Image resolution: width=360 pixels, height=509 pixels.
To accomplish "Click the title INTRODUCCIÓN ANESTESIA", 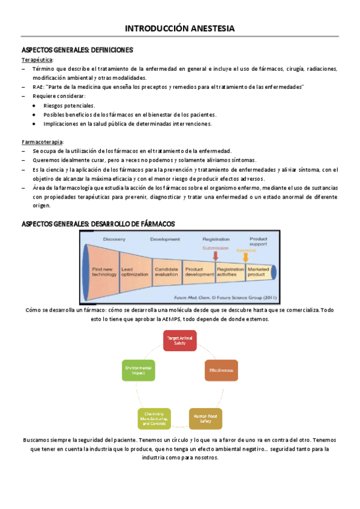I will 179,28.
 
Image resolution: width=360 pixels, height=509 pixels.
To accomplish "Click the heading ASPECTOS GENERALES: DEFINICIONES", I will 77,50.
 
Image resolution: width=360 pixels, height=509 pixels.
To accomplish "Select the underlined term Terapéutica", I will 37,60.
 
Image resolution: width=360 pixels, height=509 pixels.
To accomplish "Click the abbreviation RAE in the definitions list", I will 38,87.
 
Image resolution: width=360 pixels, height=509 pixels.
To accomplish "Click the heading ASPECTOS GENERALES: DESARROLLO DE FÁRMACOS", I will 98,223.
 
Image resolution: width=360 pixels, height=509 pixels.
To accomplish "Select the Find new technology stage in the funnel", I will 104,271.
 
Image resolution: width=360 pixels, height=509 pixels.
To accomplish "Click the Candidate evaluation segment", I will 166,271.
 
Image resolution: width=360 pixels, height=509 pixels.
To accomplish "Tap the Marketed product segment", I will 259,271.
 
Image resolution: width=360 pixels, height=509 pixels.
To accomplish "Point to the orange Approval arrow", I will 245,258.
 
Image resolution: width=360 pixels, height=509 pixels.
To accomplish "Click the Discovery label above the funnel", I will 114,239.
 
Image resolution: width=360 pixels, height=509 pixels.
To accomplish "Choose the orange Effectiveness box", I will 221,370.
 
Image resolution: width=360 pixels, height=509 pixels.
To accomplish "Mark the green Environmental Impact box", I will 138,370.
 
